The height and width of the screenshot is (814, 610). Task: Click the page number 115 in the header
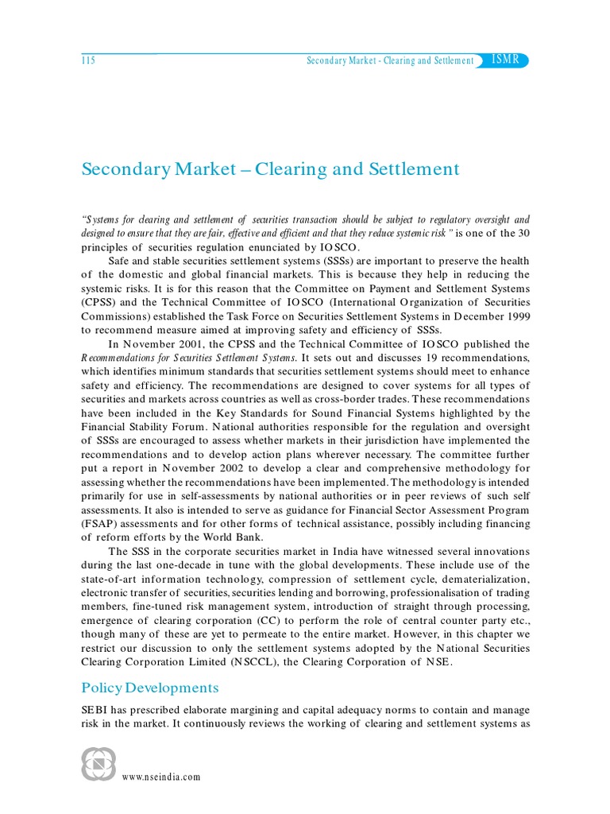[88, 61]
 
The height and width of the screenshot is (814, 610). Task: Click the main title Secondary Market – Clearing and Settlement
[271, 169]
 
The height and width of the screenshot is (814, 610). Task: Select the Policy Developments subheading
[149, 687]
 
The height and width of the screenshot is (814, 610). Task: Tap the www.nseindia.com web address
[161, 777]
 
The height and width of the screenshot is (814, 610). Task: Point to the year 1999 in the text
[515, 317]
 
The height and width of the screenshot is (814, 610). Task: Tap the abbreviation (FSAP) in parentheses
[100, 525]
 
